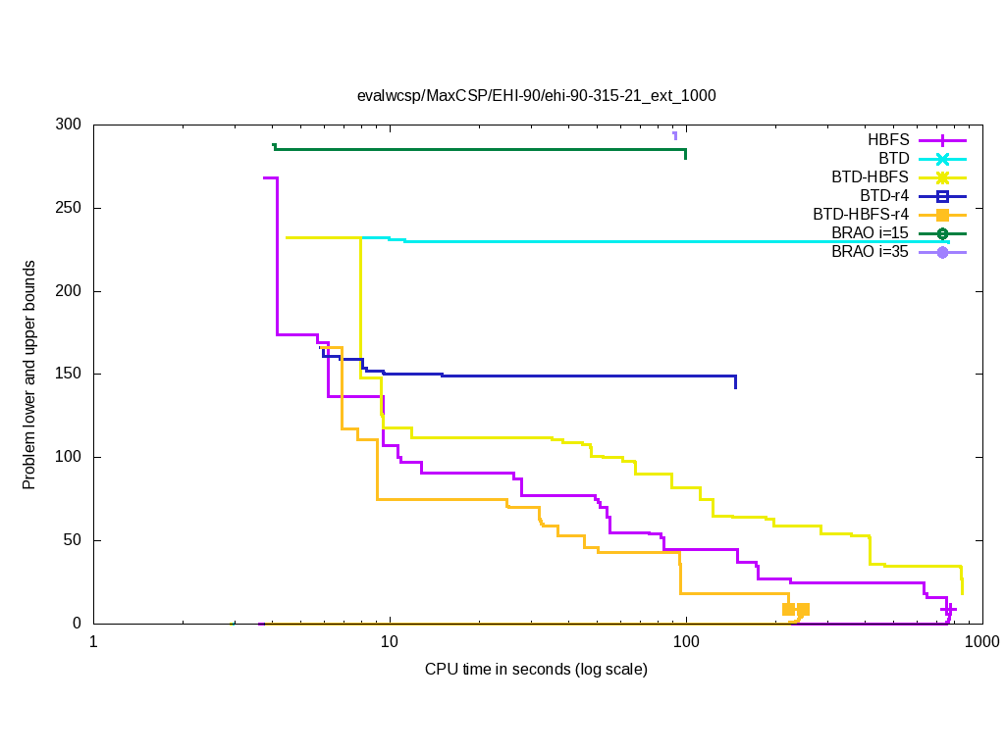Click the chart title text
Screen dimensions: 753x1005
pyautogui.click(x=536, y=96)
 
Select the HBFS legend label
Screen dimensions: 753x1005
pyautogui.click(x=888, y=139)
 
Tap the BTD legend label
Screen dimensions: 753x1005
pyautogui.click(x=894, y=158)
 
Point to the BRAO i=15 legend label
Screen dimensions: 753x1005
pyautogui.click(x=870, y=233)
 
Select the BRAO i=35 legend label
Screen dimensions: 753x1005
pyautogui.click(x=870, y=252)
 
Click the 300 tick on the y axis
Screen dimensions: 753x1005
pyautogui.click(x=69, y=125)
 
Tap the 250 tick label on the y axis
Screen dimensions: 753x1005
pyautogui.click(x=69, y=209)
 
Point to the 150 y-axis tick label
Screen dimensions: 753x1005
pyautogui.click(x=69, y=375)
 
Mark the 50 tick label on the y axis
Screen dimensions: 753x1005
pyautogui.click(x=73, y=540)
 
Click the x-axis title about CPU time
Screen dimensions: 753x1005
pyautogui.click(x=536, y=670)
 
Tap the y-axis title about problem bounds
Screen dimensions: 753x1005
pyautogui.click(x=30, y=376)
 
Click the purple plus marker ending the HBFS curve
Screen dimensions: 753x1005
pyautogui.click(x=948, y=610)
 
